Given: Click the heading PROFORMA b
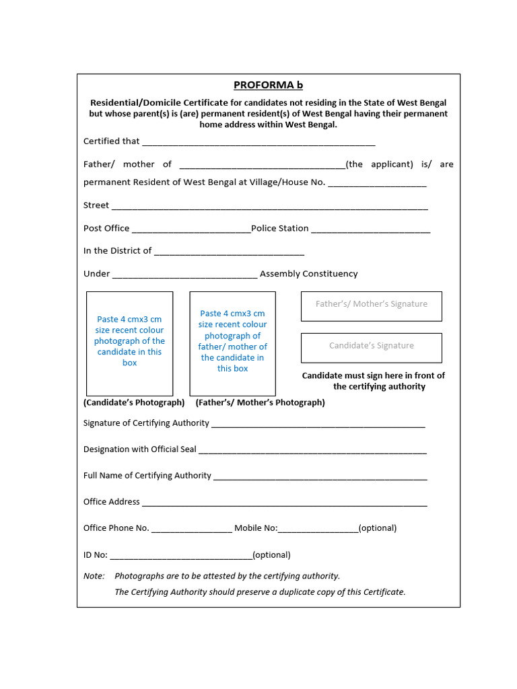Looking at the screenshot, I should [x=268, y=85].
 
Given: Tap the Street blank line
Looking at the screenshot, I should [x=269, y=207].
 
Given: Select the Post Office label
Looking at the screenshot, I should [x=106, y=228].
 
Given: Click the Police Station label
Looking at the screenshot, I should [x=280, y=228].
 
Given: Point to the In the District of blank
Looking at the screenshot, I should [x=229, y=252].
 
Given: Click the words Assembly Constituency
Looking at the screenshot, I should [x=308, y=274].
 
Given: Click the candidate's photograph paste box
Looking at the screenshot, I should [x=129, y=343].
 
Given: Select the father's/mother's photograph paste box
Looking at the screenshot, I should [x=232, y=343].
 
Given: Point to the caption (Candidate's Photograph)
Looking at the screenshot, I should [x=134, y=402].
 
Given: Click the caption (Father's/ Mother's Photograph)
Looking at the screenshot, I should [x=260, y=402].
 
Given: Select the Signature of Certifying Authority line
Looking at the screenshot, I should [x=318, y=425].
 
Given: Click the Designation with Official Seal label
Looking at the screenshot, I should [x=140, y=449].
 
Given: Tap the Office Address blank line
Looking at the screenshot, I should [x=284, y=503].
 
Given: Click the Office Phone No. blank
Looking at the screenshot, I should [x=192, y=530].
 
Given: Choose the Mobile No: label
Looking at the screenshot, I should [x=256, y=528].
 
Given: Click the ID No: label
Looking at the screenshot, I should [x=95, y=555].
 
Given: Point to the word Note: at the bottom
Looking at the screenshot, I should [x=94, y=576].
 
